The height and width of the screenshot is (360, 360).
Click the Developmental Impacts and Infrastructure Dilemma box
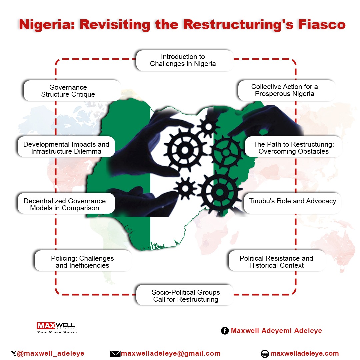[66, 148]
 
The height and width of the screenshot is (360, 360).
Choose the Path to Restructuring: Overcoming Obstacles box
[293, 148]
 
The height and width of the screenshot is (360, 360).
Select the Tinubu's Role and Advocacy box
[292, 201]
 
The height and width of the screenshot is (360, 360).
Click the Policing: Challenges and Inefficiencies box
[82, 262]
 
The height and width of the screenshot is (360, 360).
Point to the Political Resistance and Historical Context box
[276, 262]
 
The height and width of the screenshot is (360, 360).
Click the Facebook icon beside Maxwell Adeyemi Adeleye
[225, 331]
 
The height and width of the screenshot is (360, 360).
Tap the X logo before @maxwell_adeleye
[13, 354]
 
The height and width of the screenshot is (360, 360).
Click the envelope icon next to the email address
[115, 354]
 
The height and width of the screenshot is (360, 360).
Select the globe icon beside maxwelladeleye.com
[265, 354]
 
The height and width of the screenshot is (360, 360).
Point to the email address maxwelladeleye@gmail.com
[171, 353]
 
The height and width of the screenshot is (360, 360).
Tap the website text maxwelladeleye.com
[305, 353]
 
